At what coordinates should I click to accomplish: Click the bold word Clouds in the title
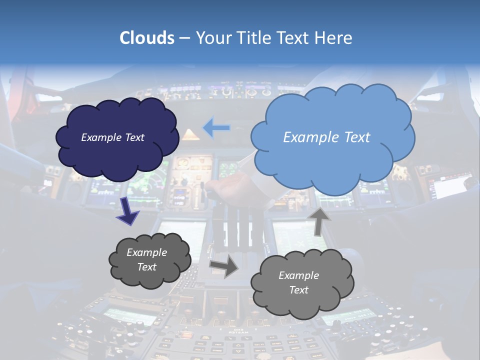pyautogui.click(x=146, y=38)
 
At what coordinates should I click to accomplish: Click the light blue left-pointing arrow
pyautogui.click(x=216, y=128)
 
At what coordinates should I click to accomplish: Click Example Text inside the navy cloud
pyautogui.click(x=112, y=137)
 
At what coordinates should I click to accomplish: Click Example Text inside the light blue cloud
pyautogui.click(x=326, y=137)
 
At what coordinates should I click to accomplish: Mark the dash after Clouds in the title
pyautogui.click(x=184, y=38)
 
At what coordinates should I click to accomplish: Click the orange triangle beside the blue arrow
pyautogui.click(x=189, y=134)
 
